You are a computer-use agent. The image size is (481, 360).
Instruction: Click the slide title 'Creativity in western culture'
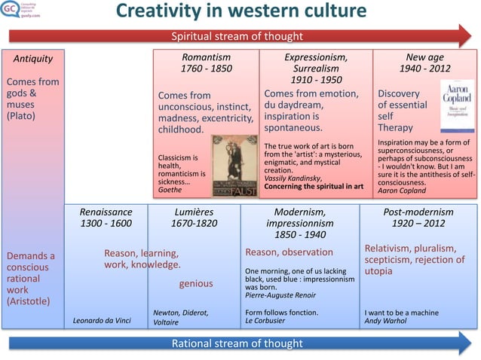click(x=240, y=12)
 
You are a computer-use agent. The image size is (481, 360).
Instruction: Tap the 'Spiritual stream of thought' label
click(x=237, y=36)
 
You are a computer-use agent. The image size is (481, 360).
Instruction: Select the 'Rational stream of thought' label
click(x=237, y=344)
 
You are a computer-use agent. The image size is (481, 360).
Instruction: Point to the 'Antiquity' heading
click(x=28, y=58)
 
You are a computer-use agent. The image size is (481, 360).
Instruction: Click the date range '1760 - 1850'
click(x=206, y=69)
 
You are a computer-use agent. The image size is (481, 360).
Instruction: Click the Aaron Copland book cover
click(x=456, y=107)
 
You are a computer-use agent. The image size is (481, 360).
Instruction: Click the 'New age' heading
click(x=424, y=57)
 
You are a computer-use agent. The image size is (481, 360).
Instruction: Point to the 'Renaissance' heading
click(x=106, y=212)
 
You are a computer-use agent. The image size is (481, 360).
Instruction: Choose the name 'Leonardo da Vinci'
click(x=102, y=321)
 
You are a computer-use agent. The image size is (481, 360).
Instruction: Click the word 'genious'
click(x=195, y=284)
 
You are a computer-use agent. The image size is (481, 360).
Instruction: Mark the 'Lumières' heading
click(x=195, y=212)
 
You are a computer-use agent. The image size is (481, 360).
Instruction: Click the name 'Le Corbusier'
click(x=266, y=321)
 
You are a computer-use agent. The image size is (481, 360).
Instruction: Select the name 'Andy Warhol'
click(x=385, y=321)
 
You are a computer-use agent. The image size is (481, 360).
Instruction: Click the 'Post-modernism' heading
click(x=418, y=212)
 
